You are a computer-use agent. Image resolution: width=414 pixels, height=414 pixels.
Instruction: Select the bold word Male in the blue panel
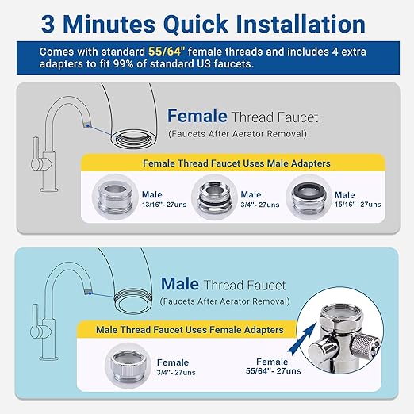coord(179,283)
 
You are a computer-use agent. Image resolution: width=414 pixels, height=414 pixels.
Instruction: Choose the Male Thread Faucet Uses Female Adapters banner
coord(190,329)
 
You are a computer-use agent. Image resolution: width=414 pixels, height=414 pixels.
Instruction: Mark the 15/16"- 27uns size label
coord(358,205)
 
